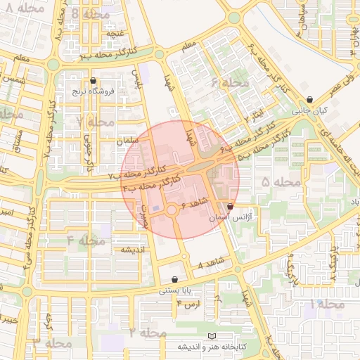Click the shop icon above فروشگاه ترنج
pyautogui.click(x=93, y=81)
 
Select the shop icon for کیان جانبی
pyautogui.click(x=310, y=100)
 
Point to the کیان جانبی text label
pyautogui.click(x=310, y=110)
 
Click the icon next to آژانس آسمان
pyautogui.click(x=231, y=207)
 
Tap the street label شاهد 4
pyautogui.click(x=210, y=265)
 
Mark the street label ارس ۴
pyautogui.click(x=188, y=303)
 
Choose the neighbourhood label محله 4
pyautogui.click(x=86, y=240)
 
